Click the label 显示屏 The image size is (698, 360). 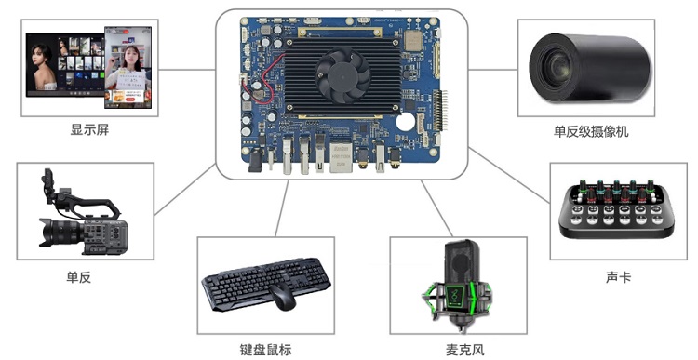[x=89, y=130]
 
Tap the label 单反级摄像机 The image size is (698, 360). [x=591, y=131]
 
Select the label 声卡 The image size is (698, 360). [x=618, y=277]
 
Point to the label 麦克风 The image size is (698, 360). [x=464, y=350]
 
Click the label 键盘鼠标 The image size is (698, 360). [x=266, y=350]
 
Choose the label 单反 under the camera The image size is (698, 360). [x=79, y=277]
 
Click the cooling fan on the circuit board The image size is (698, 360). [x=342, y=76]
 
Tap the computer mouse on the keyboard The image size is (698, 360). [x=282, y=298]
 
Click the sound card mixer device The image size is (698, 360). [x=616, y=208]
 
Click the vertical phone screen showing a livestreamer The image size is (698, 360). [x=128, y=67]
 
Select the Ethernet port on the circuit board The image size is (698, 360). [x=340, y=155]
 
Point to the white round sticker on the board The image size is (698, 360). [x=406, y=122]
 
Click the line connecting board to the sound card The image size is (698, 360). [x=509, y=176]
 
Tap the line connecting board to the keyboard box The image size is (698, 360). [x=282, y=208]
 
